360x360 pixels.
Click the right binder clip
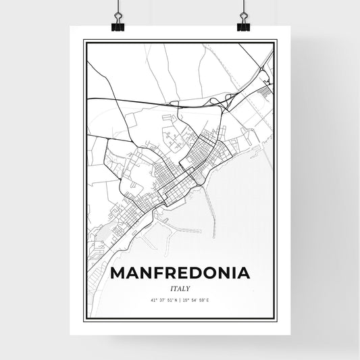242,21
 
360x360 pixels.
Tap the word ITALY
180,287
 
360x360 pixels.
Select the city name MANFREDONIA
180,273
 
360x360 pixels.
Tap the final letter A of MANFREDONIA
242,273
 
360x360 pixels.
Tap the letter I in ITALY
170,287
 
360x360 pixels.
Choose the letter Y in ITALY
189,287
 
